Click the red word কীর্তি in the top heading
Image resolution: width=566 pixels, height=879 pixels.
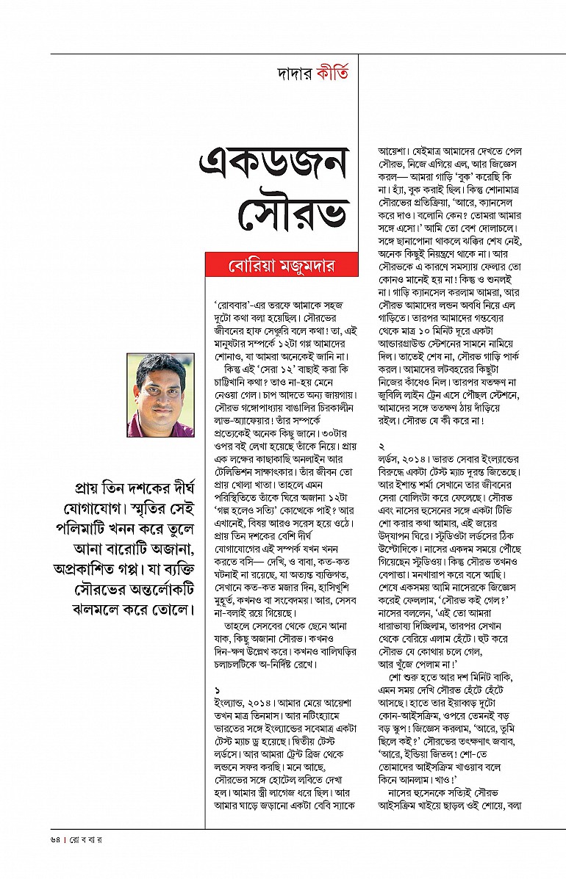332,74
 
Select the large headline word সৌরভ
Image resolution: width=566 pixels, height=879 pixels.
293,214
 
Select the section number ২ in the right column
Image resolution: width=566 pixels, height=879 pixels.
382,446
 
